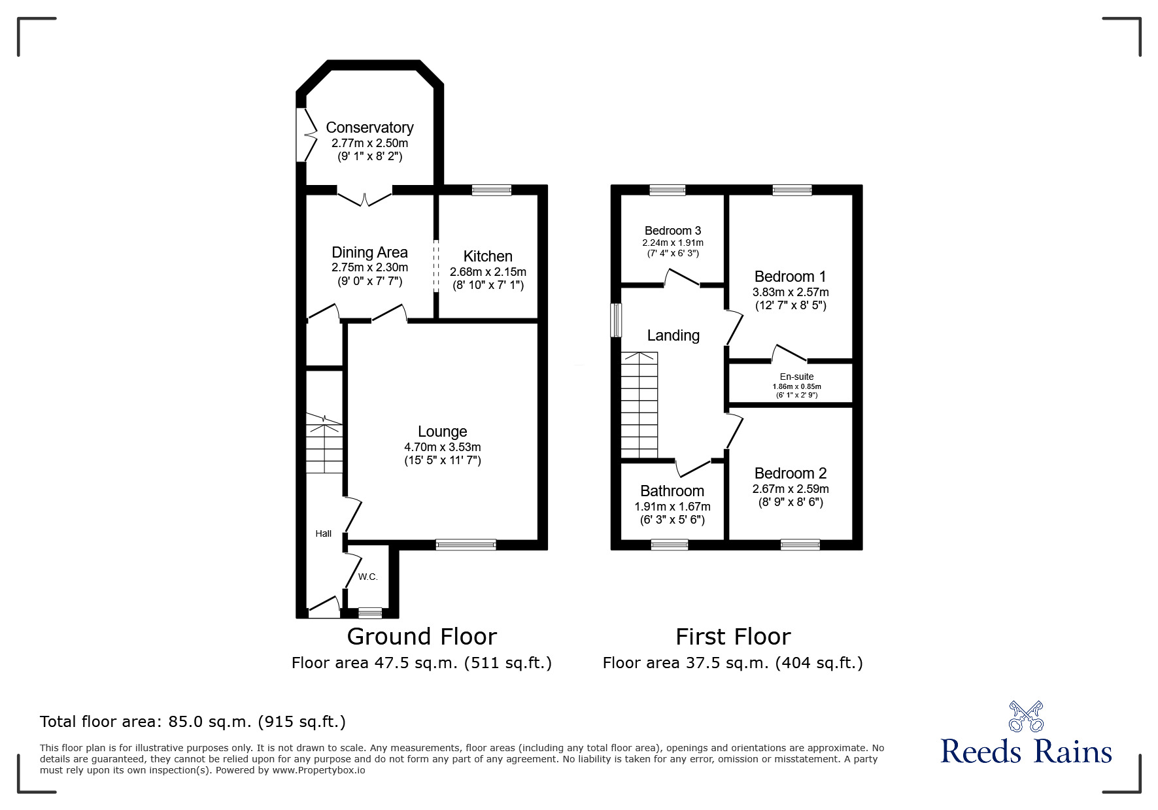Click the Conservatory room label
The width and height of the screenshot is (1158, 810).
point(369,127)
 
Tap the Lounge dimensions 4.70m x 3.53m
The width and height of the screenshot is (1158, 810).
point(442,447)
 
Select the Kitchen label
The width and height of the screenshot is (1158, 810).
point(488,256)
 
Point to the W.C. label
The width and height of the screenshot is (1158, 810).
point(368,577)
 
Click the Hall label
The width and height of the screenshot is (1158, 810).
point(323,533)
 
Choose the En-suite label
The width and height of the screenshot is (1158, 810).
point(796,377)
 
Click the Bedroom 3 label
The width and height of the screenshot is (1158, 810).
point(672,231)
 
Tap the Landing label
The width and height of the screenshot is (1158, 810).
point(673,335)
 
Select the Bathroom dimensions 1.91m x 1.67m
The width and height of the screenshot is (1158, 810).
point(672,507)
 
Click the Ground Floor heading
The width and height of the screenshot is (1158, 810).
point(422,636)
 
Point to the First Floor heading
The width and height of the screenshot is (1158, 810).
point(732,636)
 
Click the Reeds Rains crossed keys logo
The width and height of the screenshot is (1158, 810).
point(1025,717)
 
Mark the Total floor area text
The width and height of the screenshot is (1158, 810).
point(193,722)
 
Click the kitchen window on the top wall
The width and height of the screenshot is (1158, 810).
point(492,190)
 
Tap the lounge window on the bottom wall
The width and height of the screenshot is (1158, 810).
point(466,545)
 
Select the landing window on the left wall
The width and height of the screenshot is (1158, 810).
point(615,320)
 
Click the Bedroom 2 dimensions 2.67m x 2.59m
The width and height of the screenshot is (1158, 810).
point(790,489)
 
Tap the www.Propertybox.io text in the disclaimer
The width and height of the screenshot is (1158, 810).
point(318,770)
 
